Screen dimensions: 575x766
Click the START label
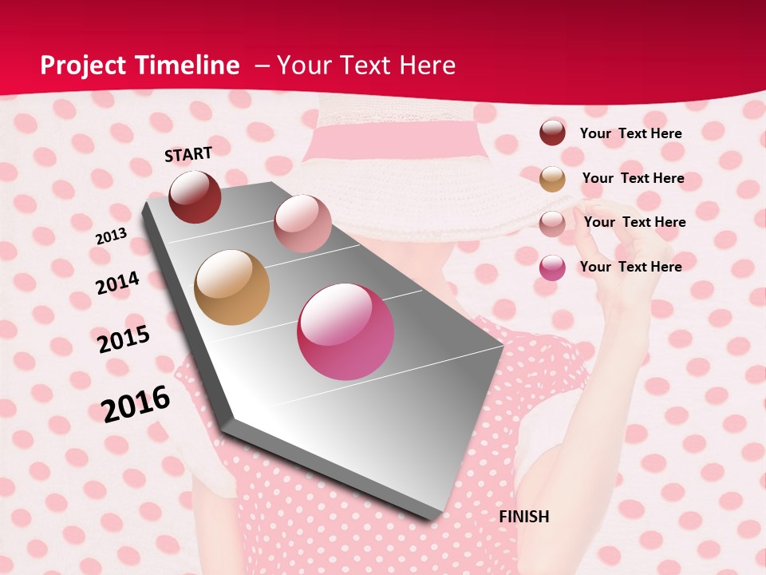[188, 154]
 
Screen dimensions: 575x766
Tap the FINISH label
[524, 517]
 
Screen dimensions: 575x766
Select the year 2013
[111, 236]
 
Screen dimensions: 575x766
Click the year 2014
[117, 283]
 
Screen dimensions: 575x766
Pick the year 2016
[136, 404]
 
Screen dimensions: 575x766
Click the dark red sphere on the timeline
[195, 196]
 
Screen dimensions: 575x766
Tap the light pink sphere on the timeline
[302, 223]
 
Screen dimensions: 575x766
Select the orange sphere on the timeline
[232, 287]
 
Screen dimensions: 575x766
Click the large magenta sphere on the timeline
[345, 331]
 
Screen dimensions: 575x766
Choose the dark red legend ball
[552, 133]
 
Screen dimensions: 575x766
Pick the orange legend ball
[552, 179]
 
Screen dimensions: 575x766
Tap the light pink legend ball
[552, 223]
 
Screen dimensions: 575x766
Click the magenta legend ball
[552, 268]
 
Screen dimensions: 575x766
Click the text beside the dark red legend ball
[630, 133]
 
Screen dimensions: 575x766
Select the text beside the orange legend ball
[633, 178]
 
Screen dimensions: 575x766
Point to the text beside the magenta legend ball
[630, 267]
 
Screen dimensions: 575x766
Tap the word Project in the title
[82, 65]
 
